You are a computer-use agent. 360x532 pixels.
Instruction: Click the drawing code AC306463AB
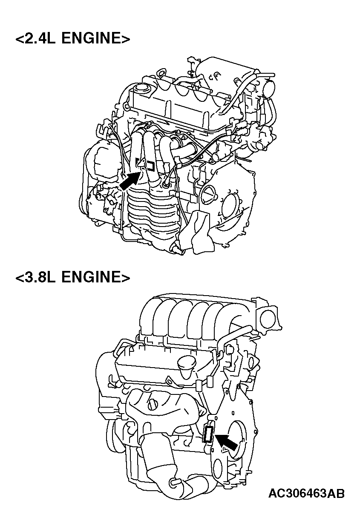tap(306, 493)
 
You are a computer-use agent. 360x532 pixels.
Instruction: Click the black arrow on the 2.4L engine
tap(130, 181)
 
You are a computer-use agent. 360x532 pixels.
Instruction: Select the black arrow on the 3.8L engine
tap(227, 442)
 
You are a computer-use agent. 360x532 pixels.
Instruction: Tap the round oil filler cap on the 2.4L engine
tap(141, 89)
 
